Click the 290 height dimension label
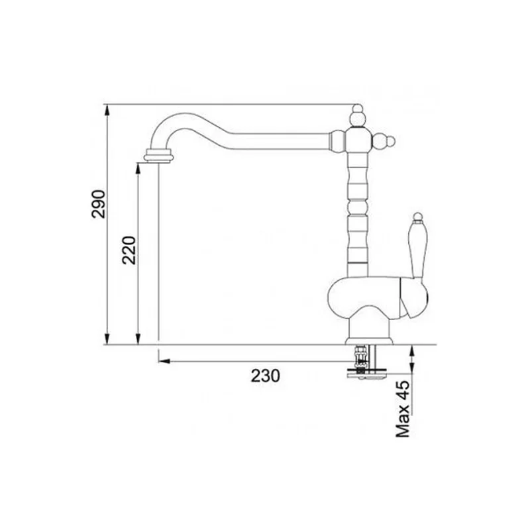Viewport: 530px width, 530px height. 99,205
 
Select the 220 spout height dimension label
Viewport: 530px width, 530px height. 129,250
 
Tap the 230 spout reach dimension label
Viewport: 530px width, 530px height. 266,376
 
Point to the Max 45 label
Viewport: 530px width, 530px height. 403,409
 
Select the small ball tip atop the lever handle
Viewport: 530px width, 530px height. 418,217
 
